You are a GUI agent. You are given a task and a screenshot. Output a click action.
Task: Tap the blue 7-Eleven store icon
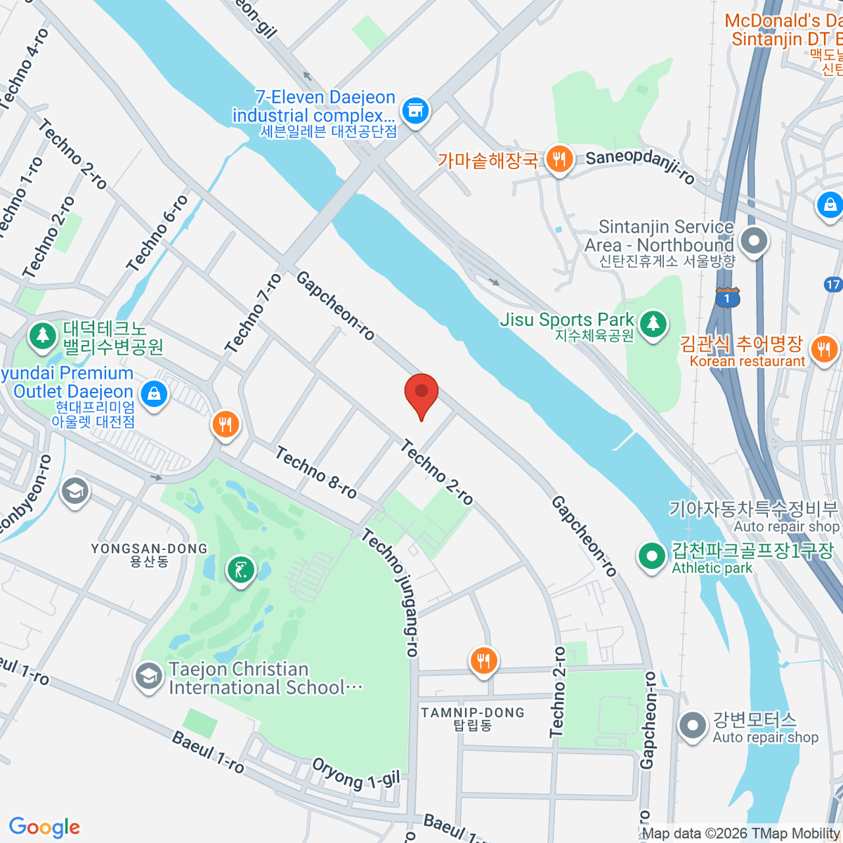click(415, 110)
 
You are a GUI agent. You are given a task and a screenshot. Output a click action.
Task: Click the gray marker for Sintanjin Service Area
click(754, 241)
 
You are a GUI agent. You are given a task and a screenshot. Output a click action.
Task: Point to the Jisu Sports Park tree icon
click(653, 324)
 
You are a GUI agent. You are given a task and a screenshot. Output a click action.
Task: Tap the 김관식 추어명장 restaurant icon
click(823, 348)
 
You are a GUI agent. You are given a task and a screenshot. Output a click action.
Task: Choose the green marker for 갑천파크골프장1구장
click(652, 556)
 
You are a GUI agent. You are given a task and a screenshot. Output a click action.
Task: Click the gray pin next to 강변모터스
click(693, 725)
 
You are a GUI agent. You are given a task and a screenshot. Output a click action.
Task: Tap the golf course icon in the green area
click(241, 570)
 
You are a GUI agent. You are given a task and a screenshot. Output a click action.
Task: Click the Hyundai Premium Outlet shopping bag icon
click(154, 393)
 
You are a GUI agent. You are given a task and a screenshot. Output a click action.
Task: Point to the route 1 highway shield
click(728, 298)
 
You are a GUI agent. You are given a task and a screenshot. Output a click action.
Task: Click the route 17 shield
click(832, 285)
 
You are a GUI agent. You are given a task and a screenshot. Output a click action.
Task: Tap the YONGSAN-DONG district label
click(149, 549)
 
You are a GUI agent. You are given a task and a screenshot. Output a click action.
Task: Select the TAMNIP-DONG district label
click(473, 712)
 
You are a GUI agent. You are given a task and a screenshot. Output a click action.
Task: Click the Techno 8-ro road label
click(316, 473)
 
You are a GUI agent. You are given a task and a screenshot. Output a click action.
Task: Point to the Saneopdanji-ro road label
click(640, 166)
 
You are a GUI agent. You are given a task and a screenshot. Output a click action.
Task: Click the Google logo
click(44, 827)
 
